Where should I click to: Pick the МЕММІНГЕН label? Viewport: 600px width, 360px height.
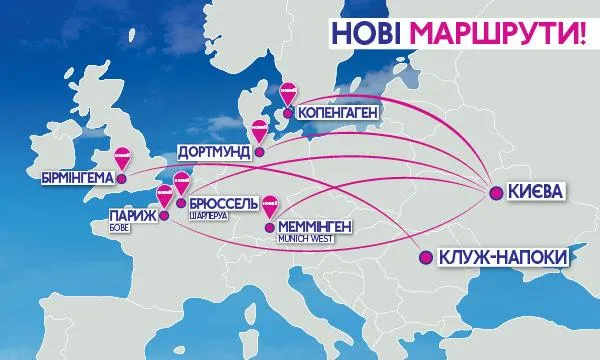click(315, 226)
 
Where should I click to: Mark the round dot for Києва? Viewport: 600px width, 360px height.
click(496, 191)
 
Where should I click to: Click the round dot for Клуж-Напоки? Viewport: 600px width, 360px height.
click(424, 257)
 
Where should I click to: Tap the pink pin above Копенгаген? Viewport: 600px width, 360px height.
click(287, 93)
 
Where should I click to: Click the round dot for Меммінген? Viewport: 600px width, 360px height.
click(267, 227)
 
